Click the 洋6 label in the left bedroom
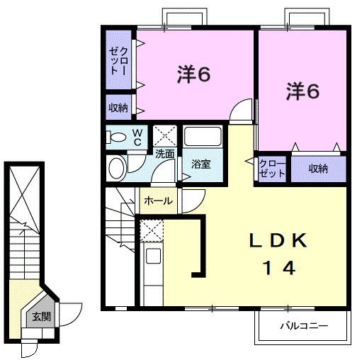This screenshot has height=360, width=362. click(193, 74)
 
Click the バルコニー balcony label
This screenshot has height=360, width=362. click(302, 327)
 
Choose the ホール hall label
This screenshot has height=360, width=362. click(158, 201)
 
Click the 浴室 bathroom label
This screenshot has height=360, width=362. click(201, 164)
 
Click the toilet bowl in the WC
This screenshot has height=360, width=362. click(118, 137)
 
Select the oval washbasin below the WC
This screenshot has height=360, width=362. click(117, 168)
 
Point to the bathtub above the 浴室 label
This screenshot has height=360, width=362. click(203, 137)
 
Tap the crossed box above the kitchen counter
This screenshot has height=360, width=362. click(151, 230)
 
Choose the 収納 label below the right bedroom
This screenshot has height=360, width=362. click(319, 169)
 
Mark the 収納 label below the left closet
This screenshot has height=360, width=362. click(118, 108)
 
